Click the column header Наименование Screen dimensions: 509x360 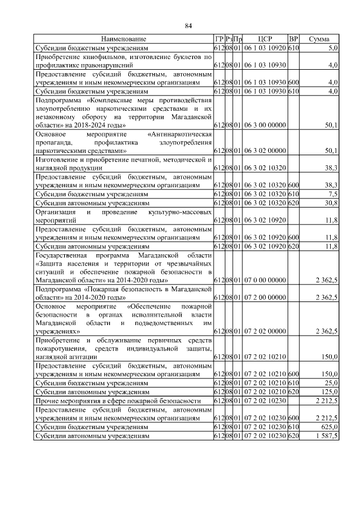[x=124, y=39]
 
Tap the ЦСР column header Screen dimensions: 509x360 [x=265, y=39]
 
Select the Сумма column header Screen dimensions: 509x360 [x=319, y=39]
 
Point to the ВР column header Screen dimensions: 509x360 [x=293, y=39]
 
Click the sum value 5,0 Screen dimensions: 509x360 [x=332, y=48]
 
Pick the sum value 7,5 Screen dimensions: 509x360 [x=332, y=194]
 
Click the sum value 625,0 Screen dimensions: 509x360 [x=329, y=427]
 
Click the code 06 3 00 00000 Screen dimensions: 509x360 [x=265, y=125]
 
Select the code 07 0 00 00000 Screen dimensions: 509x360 [x=265, y=280]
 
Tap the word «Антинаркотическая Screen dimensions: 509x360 [x=179, y=135]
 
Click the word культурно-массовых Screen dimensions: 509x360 [x=179, y=213]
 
